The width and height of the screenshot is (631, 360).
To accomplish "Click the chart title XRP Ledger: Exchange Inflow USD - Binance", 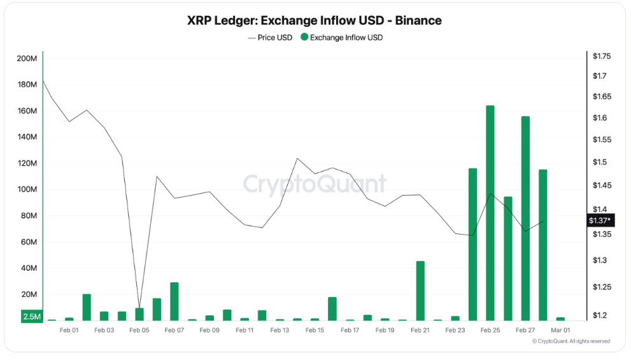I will (x=315, y=20).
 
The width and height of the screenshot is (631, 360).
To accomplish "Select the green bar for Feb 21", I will (x=420, y=291).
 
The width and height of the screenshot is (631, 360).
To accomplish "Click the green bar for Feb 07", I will (x=174, y=301).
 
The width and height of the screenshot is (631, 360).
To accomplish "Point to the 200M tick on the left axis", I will (x=27, y=59).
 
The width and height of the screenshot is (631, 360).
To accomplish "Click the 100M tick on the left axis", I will (x=27, y=190).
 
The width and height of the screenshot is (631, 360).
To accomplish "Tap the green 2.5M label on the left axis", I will (x=32, y=317).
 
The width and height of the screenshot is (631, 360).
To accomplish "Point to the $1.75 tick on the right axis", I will (x=601, y=57).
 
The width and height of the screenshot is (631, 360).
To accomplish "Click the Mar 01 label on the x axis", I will (x=560, y=331).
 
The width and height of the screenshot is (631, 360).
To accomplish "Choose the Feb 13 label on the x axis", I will (x=280, y=331).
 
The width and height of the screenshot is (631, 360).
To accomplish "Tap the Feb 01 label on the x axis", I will (x=69, y=331).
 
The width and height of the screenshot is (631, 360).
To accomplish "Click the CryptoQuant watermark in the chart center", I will (x=315, y=185).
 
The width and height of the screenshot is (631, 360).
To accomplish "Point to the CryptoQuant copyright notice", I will (x=571, y=342).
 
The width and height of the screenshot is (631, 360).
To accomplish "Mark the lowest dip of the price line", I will (x=139, y=308).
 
